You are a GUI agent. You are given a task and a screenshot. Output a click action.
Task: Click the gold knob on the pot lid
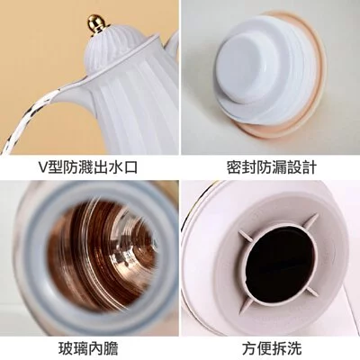pyautogui.click(x=112, y=19)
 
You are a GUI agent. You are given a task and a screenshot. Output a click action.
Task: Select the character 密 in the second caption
pyautogui.click(x=233, y=167)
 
